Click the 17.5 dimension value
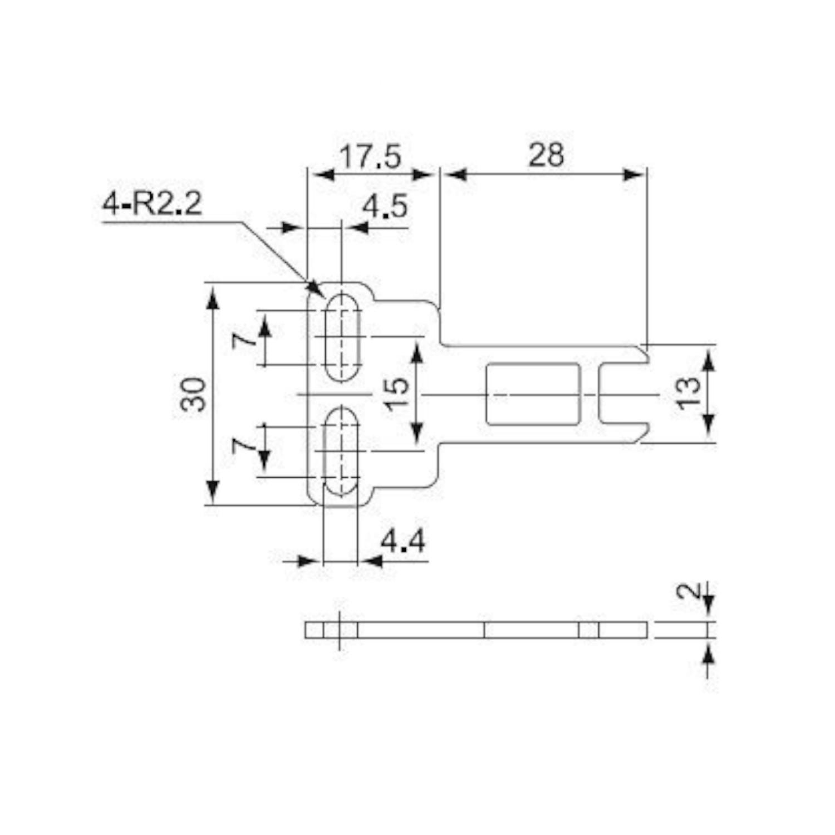(x=370, y=156)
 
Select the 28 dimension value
(x=546, y=155)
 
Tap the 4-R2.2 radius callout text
(x=152, y=204)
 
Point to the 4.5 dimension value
(x=385, y=207)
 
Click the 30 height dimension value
(x=193, y=394)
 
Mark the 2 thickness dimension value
(x=688, y=591)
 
